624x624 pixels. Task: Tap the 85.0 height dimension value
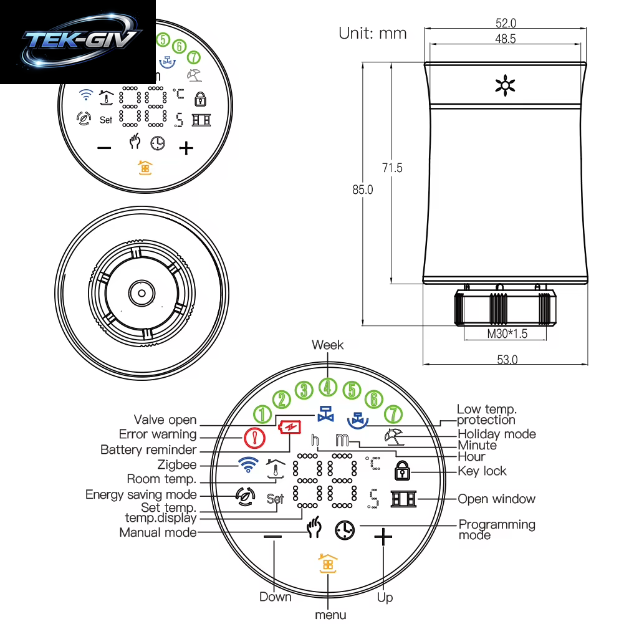(363, 190)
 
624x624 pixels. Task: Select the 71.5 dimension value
(392, 168)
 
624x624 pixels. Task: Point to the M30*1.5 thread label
(507, 334)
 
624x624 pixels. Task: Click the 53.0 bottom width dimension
(507, 360)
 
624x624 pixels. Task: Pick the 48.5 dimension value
(506, 39)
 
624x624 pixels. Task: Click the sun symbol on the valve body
(505, 85)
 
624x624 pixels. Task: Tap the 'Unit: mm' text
(373, 34)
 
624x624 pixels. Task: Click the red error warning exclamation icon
(255, 438)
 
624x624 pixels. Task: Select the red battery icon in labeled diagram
(290, 428)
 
